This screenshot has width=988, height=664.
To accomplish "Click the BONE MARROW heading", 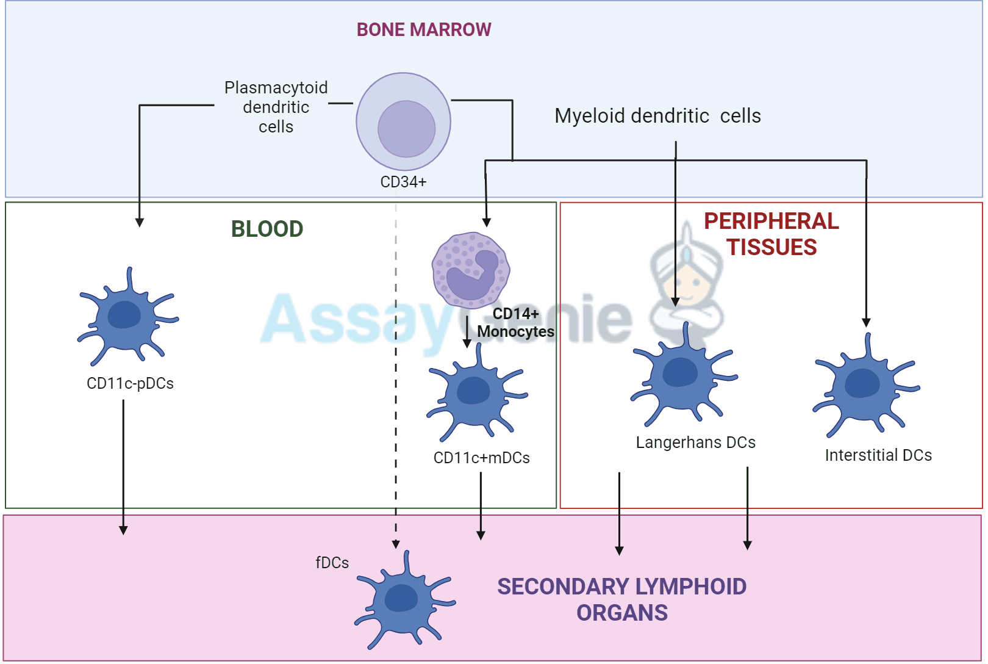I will [x=423, y=29].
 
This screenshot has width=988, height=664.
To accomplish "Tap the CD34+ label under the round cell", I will [x=403, y=182].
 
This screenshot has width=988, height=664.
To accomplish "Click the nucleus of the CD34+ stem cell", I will [x=406, y=129].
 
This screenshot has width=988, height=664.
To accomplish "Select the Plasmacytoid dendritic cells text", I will [x=276, y=107].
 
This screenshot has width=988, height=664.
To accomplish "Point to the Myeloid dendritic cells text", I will [x=657, y=115].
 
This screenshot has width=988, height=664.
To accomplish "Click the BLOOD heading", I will [x=267, y=229].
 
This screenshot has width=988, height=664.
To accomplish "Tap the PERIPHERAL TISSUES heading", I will [x=771, y=234].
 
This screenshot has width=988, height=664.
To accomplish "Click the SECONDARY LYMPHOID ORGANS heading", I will [x=621, y=599].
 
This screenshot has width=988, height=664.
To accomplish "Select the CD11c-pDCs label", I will [x=130, y=383].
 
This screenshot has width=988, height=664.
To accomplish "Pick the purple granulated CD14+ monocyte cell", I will [x=470, y=270].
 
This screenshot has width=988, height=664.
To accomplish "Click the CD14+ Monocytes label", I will [x=515, y=322].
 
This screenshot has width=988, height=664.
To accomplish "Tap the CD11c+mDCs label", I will [x=481, y=458].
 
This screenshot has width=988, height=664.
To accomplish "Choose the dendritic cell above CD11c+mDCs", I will [x=475, y=394].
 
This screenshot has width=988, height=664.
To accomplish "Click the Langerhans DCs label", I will [x=695, y=442].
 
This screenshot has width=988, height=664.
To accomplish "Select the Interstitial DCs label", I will [x=878, y=455].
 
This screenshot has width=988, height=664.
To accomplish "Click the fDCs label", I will [x=332, y=563].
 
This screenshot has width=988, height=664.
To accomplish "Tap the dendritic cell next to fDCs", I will [x=403, y=600].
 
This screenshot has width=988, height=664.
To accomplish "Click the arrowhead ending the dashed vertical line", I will [x=396, y=544].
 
